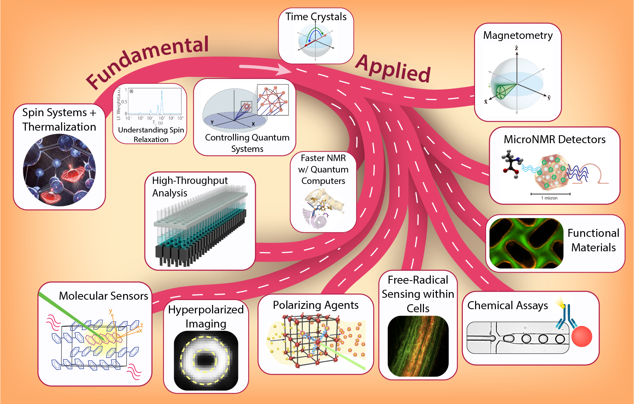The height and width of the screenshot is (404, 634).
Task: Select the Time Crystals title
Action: tap(316, 17)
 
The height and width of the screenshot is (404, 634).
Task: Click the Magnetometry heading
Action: tap(518, 35)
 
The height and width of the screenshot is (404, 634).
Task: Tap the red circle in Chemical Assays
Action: tap(582, 337)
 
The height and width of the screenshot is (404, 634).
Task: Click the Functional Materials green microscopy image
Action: tap(526, 243)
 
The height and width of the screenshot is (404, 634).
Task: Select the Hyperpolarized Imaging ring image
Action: tap(206, 360)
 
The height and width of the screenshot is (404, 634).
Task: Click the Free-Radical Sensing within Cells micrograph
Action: tap(418, 346)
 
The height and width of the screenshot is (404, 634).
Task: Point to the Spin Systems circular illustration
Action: tap(59, 170)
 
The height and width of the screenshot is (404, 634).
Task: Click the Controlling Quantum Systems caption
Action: tap(247, 143)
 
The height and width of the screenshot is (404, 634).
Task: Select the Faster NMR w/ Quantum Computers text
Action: tap(323, 169)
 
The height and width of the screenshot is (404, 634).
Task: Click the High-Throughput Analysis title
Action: tap(189, 186)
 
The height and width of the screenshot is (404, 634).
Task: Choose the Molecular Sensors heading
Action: tap(103, 296)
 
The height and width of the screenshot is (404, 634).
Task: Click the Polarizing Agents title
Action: tap(316, 305)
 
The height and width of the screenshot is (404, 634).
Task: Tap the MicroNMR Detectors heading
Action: tap(554, 139)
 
